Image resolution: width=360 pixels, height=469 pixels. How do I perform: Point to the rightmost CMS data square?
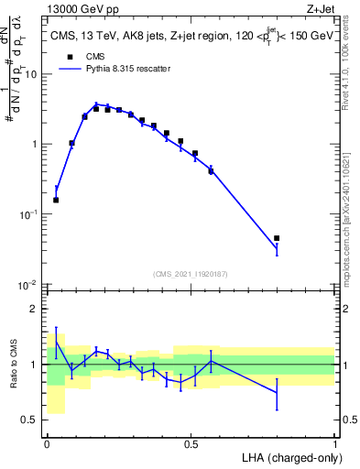pos(277,238)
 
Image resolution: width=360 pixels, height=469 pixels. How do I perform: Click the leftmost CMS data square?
pos(56,200)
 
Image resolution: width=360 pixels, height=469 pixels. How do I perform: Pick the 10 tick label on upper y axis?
pos(33,74)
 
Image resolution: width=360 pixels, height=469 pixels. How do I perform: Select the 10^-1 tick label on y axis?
pos(30,214)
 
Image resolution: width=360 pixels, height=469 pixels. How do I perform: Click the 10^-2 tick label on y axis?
pos(30,285)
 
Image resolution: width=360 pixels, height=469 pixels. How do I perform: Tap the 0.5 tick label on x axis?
pos(191,443)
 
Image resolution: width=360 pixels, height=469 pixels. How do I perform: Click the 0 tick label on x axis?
pos(47,443)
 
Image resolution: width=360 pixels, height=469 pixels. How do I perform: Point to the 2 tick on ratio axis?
pos(37,309)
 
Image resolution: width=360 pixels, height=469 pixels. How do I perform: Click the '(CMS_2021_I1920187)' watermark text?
pos(191,274)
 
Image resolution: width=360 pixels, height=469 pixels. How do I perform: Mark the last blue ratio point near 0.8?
pos(277,393)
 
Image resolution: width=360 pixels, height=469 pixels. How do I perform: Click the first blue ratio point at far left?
pos(56,342)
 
